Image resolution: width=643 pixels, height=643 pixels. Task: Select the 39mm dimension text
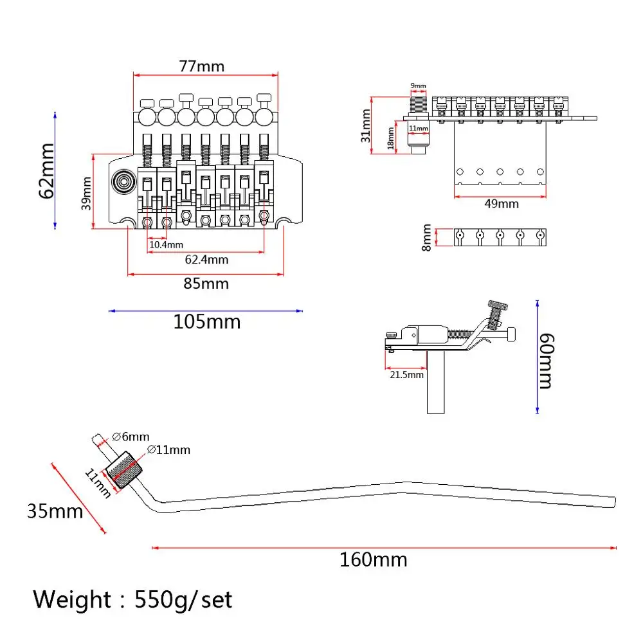point(86,191)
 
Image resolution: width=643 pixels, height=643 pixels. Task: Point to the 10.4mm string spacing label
point(166,245)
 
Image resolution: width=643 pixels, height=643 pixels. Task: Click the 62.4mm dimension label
point(206,260)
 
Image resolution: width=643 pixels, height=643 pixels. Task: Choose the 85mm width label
point(206,283)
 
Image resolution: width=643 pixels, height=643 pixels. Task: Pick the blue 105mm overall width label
point(206,321)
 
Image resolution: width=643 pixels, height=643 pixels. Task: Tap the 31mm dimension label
point(365,125)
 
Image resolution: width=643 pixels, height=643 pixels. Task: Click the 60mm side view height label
point(545,361)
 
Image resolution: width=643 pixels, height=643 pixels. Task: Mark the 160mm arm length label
point(373,560)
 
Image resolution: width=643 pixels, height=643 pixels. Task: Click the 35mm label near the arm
point(55,511)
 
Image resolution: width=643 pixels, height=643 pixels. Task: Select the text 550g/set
point(183,600)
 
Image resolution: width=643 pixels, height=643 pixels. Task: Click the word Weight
point(72,600)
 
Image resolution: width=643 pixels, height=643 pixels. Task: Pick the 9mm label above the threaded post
point(419,86)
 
